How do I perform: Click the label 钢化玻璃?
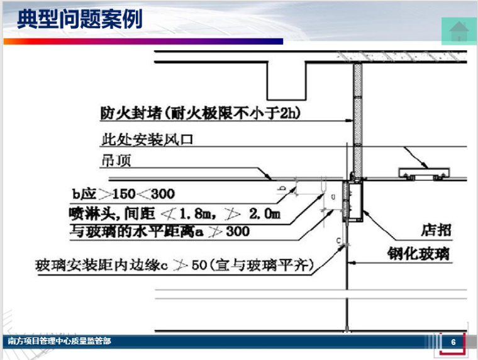coord(423,254)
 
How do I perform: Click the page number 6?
coord(453,342)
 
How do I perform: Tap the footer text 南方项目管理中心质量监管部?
coord(59,341)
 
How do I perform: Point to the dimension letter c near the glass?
coord(338,240)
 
